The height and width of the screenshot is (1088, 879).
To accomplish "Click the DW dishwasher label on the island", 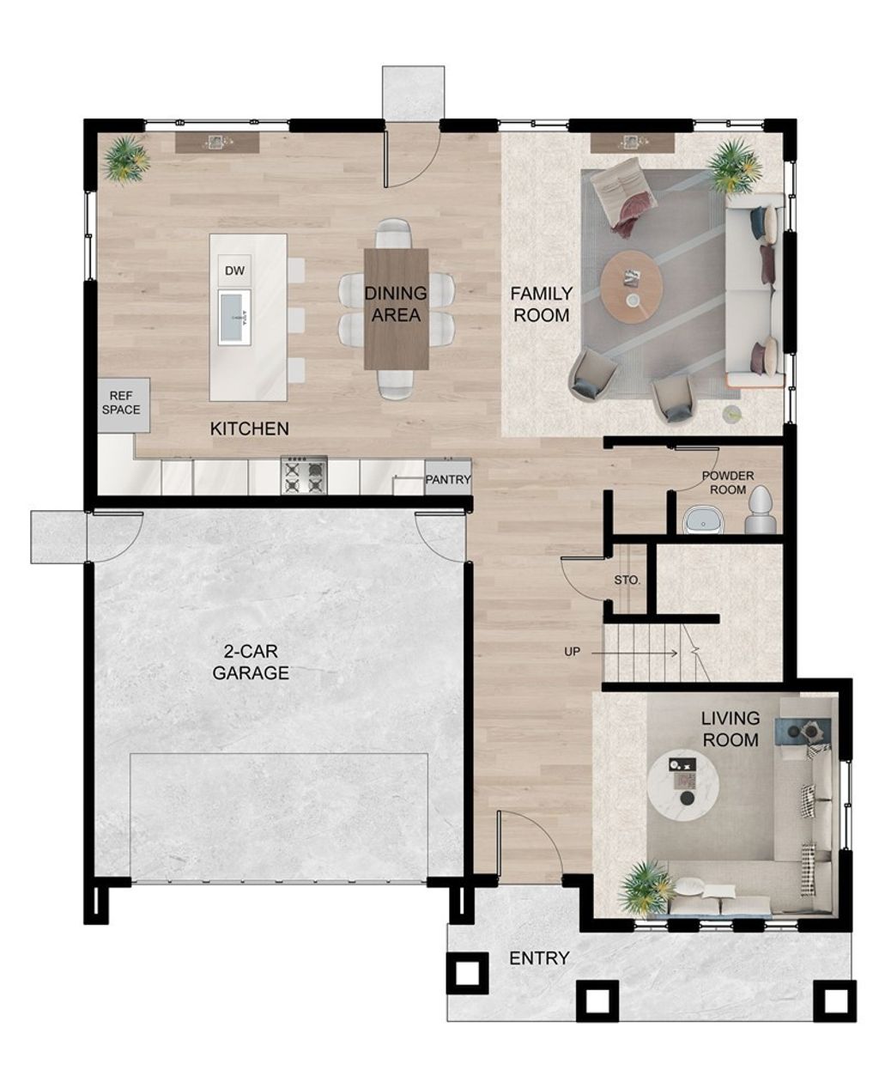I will tap(234, 271).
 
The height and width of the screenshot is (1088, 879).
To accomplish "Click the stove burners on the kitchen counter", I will tap(305, 475).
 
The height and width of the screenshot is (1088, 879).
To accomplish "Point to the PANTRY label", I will tap(448, 480).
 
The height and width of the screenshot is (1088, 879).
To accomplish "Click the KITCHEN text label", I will tap(250, 429).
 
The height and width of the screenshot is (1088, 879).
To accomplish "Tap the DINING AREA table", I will tap(396, 307).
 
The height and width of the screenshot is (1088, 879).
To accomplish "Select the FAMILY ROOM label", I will tap(542, 305).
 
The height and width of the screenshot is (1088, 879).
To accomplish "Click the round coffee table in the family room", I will tap(632, 283).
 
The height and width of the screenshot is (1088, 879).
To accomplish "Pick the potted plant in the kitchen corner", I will tap(127, 159).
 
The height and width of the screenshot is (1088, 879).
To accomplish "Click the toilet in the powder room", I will tap(761, 511).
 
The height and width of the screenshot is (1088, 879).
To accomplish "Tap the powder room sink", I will tap(703, 520).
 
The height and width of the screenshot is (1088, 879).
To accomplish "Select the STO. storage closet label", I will tap(627, 580).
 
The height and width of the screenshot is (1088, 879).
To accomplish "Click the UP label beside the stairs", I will tap(572, 652).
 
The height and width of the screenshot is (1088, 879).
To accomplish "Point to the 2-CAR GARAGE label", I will tap(251, 662).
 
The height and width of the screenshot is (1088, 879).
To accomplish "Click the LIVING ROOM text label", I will tap(730, 728).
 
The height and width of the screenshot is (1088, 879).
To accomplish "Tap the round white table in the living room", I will tap(683, 787).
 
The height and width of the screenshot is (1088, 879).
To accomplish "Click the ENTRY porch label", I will tap(539, 957).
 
